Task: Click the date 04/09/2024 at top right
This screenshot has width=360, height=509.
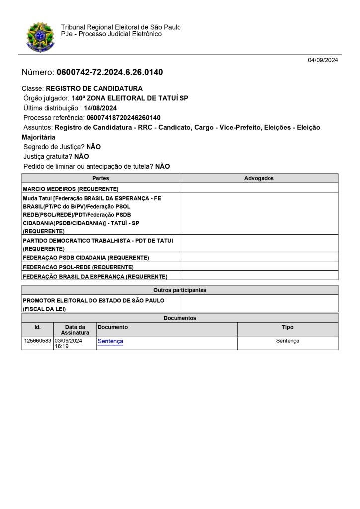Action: (x=323, y=60)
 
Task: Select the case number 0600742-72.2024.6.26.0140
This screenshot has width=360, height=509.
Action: (x=109, y=72)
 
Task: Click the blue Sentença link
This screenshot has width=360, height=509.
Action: (x=110, y=341)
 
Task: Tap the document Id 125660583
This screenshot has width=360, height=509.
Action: (x=38, y=341)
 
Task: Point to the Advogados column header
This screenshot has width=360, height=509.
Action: (x=259, y=178)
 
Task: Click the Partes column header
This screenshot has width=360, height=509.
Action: (x=101, y=178)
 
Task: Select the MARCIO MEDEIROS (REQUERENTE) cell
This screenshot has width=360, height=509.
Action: (x=71, y=189)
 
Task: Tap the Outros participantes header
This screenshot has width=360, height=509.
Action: (x=180, y=290)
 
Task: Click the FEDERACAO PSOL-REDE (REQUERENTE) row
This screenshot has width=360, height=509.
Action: (x=78, y=267)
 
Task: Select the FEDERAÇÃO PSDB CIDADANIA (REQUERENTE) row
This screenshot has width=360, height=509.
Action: (x=86, y=258)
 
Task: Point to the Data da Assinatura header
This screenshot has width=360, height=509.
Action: (x=75, y=330)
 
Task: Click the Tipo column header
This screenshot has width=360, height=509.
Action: (x=287, y=327)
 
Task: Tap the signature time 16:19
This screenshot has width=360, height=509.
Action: (x=62, y=346)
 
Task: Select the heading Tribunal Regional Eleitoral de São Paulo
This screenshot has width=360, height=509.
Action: (x=121, y=27)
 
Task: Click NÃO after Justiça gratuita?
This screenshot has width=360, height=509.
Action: (x=82, y=156)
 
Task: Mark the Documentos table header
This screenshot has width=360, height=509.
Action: (x=180, y=318)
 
